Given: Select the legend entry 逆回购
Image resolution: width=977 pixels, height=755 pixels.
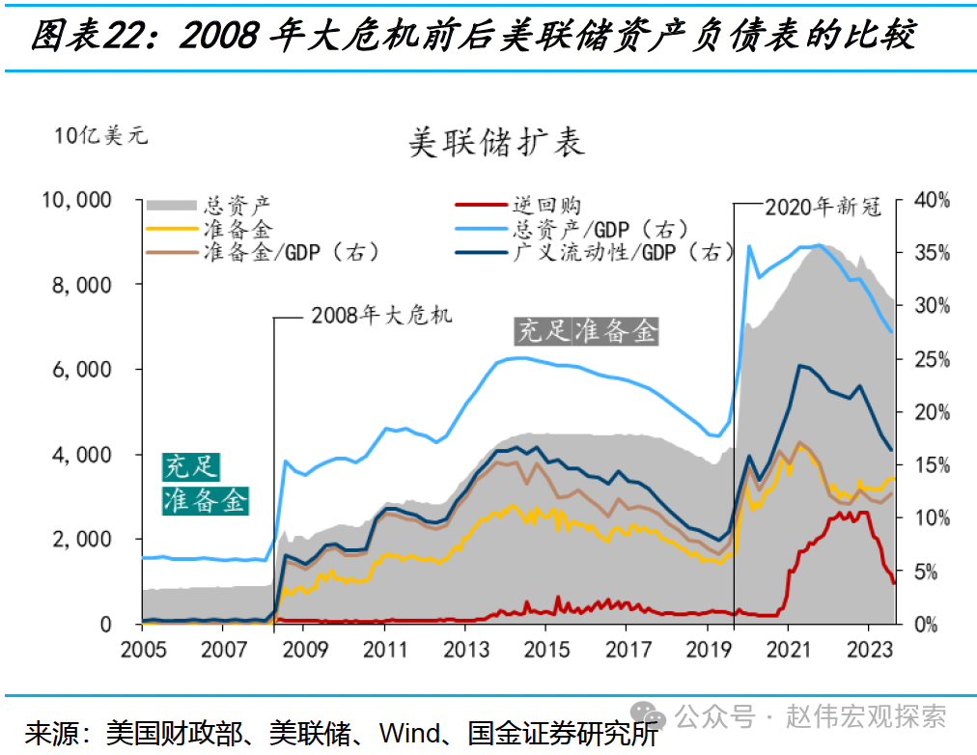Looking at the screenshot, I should pyautogui.click(x=545, y=205).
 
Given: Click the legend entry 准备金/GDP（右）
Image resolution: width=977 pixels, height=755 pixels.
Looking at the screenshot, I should pyautogui.click(x=291, y=253).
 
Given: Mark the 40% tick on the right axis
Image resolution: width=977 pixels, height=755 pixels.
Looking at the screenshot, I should pyautogui.click(x=933, y=200).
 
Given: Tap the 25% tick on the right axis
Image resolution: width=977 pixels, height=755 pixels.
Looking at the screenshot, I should pyautogui.click(x=933, y=359).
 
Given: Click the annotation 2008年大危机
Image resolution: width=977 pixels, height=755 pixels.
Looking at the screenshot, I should pyautogui.click(x=380, y=316).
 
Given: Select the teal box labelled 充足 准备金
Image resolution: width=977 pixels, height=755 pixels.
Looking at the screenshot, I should pyautogui.click(x=205, y=484).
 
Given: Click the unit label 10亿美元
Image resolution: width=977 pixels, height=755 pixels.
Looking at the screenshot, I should pyautogui.click(x=101, y=135).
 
